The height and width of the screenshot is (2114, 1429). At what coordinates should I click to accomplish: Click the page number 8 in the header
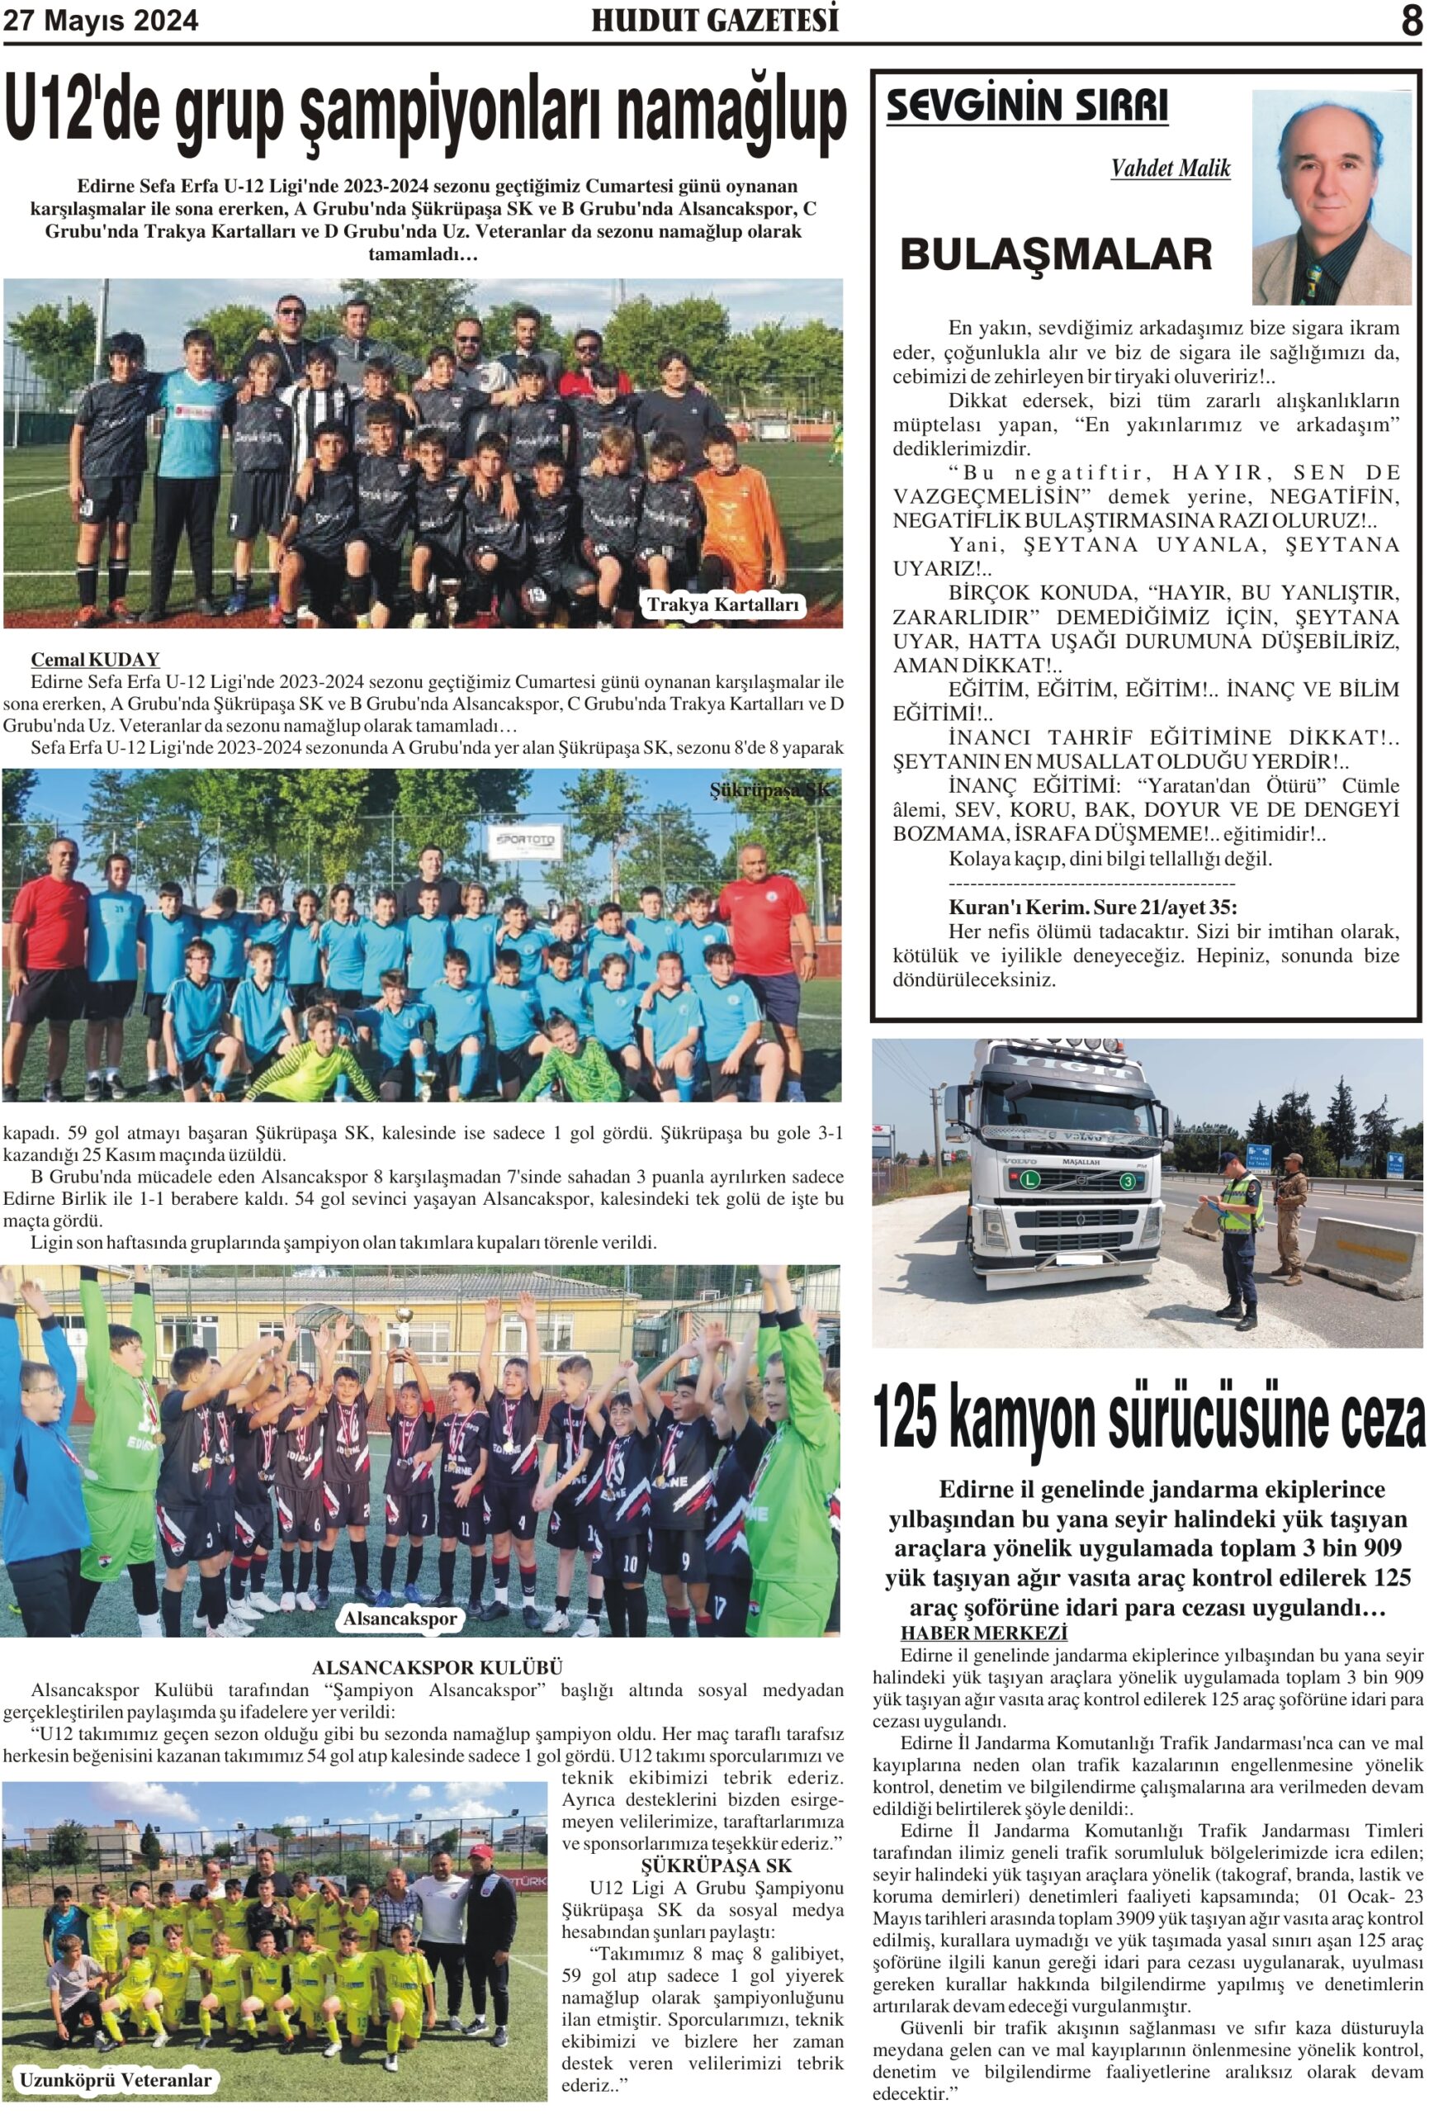[1410, 20]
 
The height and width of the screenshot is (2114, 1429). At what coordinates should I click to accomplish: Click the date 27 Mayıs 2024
[100, 21]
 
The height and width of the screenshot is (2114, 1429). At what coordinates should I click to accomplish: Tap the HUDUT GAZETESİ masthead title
[714, 20]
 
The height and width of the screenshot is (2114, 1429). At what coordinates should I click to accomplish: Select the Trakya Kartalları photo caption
[722, 604]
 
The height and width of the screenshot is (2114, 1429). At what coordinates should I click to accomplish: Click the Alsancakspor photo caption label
[400, 1619]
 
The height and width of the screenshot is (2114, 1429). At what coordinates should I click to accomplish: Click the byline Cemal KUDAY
[96, 660]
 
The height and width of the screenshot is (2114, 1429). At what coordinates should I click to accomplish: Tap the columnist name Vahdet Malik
[1170, 168]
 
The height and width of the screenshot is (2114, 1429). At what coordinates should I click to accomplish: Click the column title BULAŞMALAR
[1055, 254]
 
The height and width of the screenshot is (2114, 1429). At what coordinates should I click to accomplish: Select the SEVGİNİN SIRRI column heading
[1027, 106]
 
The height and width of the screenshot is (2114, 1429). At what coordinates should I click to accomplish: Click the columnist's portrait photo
[1330, 197]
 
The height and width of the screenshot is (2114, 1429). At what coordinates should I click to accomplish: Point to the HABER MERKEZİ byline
[983, 1633]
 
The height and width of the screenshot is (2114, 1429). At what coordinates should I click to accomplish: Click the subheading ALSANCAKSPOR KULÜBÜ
[437, 1667]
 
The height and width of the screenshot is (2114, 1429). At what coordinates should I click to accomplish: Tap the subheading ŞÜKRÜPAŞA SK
[716, 1865]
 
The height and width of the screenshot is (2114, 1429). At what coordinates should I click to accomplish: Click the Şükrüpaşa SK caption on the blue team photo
[769, 789]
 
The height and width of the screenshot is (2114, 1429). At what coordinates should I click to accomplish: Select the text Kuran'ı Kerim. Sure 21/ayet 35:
[1092, 907]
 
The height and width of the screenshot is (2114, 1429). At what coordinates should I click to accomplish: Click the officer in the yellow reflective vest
[1237, 1228]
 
